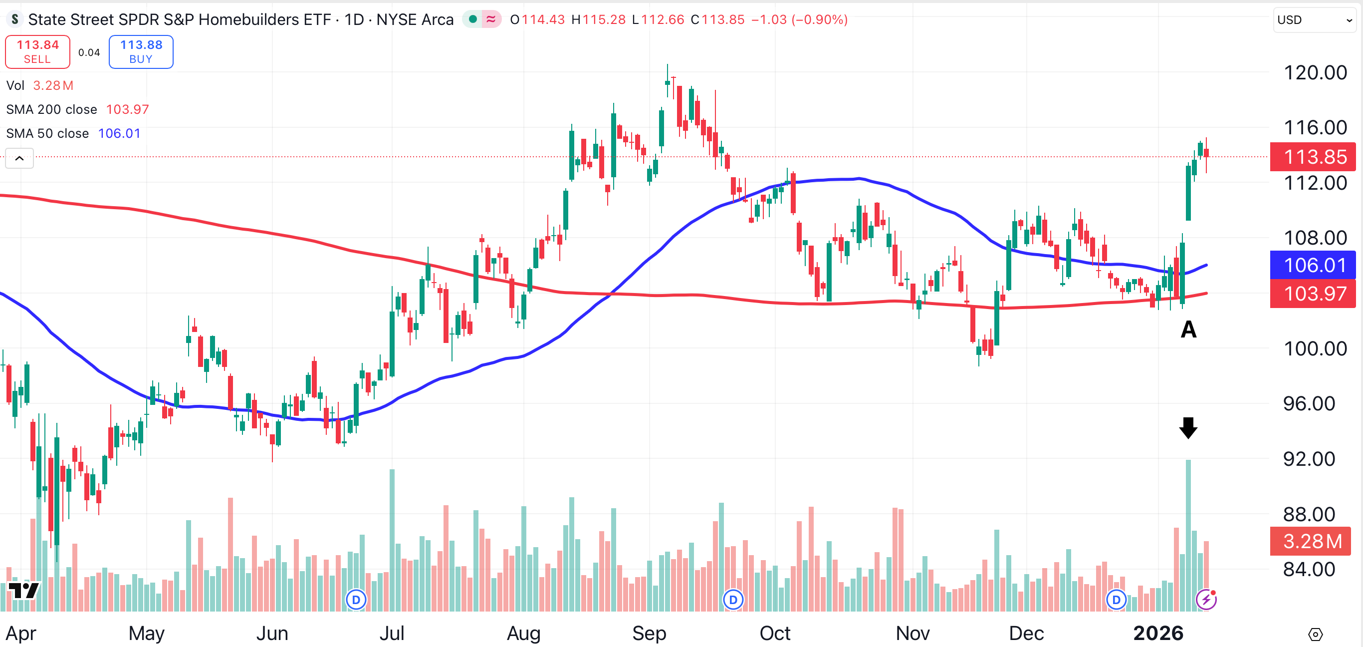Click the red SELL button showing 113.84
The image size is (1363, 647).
(37, 52)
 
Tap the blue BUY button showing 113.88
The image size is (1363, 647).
(141, 52)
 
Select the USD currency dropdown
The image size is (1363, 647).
(1314, 20)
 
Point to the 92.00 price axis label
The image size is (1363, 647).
(1309, 458)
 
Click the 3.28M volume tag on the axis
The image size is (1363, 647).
(1312, 541)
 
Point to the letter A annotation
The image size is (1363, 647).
(1188, 329)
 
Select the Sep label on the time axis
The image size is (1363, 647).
(649, 633)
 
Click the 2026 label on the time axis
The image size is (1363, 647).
(1158, 633)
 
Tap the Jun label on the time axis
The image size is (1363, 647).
(272, 633)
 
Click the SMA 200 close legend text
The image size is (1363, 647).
(52, 110)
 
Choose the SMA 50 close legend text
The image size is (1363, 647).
(47, 133)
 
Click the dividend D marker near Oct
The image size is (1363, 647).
(733, 600)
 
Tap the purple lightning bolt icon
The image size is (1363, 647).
(1206, 600)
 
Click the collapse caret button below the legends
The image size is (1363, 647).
(19, 158)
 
